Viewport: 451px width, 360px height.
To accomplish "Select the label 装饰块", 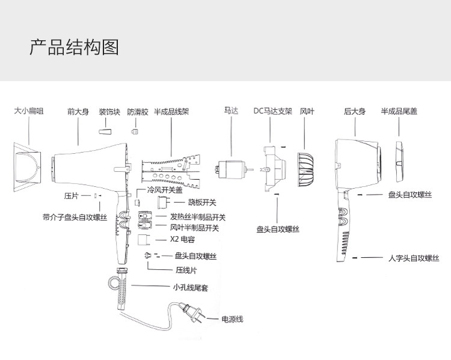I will pyautogui.click(x=109, y=112).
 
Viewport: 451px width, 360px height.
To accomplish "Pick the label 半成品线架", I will pyautogui.click(x=172, y=112).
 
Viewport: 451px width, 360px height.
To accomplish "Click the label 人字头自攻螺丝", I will pyautogui.click(x=414, y=258).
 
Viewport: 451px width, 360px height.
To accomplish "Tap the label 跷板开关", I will pyautogui.click(x=203, y=203).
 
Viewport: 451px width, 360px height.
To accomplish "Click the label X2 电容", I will pyautogui.click(x=183, y=239).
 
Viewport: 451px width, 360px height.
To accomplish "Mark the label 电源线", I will pyautogui.click(x=232, y=319).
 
